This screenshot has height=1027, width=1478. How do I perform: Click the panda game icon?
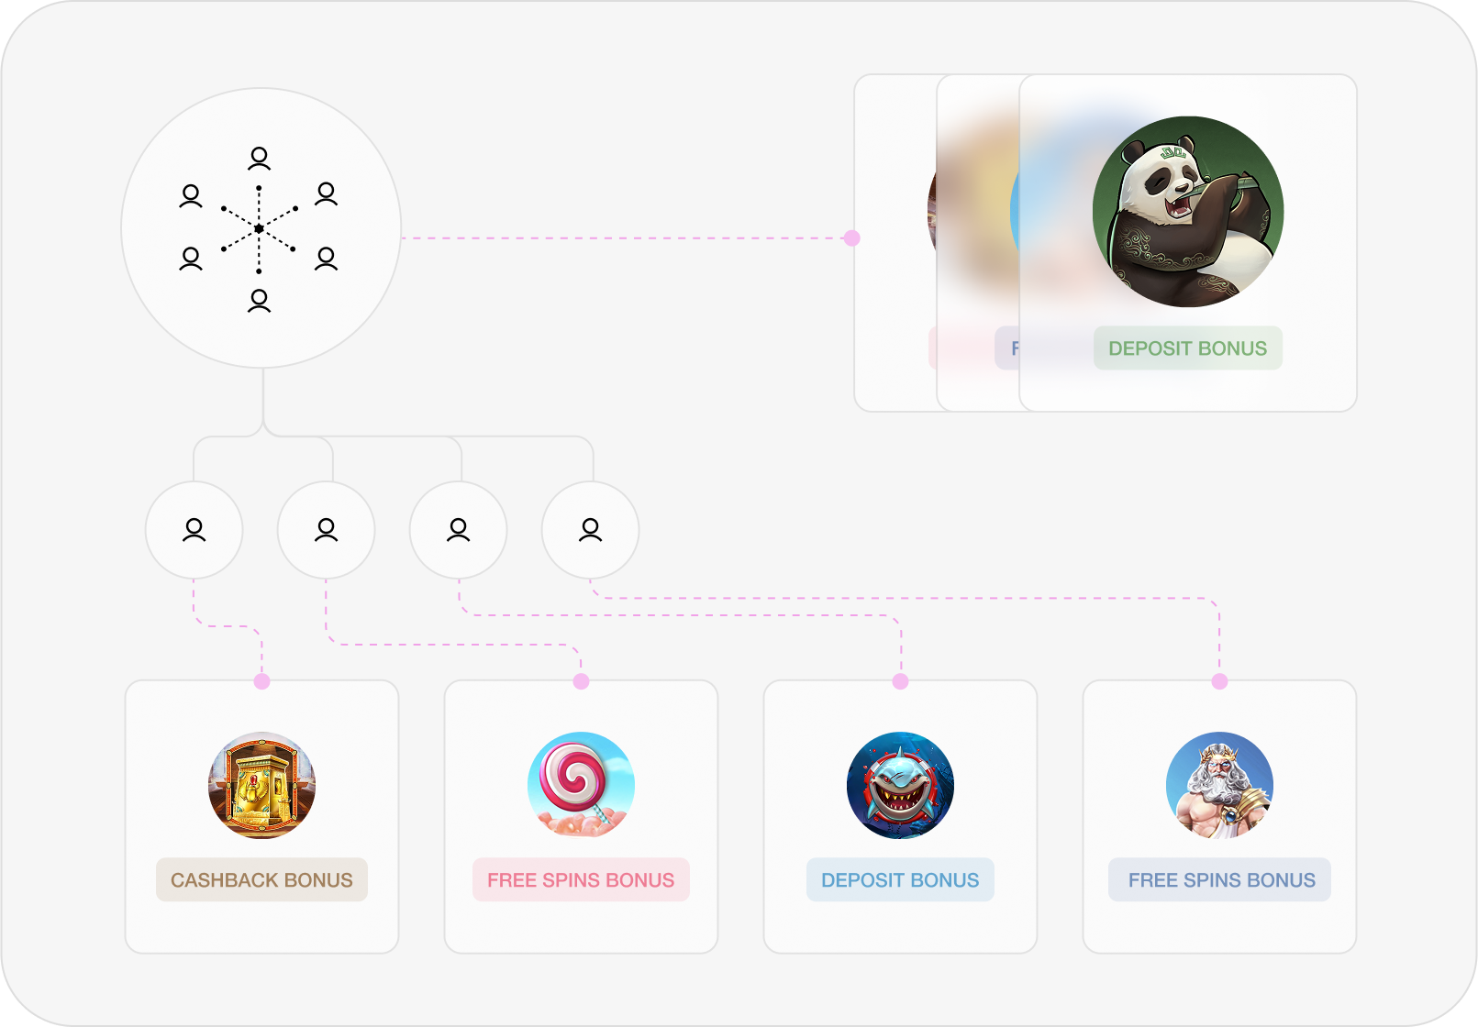[1187, 212]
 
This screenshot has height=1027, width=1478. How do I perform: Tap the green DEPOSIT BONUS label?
[1187, 348]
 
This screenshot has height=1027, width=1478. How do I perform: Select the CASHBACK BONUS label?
[261, 880]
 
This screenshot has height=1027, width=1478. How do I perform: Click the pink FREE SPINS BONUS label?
[581, 880]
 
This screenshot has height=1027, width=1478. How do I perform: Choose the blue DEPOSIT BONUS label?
[900, 880]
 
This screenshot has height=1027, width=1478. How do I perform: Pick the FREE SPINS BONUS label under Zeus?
[1220, 880]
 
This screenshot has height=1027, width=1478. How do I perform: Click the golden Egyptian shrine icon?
[261, 785]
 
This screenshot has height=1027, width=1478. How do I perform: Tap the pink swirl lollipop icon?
[581, 785]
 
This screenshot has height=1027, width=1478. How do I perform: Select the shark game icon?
[900, 785]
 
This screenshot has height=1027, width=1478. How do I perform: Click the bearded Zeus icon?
[1219, 785]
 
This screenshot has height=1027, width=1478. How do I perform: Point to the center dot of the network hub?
[260, 228]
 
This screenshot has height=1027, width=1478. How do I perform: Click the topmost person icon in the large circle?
[260, 159]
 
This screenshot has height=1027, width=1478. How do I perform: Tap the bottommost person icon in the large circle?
[260, 300]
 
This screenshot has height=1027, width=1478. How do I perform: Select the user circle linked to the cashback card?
[194, 530]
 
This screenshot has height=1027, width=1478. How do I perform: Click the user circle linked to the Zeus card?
[590, 530]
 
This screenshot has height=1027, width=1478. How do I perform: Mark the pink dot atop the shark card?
[900, 681]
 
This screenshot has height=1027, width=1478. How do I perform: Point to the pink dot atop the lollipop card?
[581, 681]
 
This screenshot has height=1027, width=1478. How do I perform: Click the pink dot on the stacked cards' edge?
[852, 238]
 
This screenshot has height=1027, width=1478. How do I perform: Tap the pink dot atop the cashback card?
[261, 681]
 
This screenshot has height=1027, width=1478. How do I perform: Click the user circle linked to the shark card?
[458, 530]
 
